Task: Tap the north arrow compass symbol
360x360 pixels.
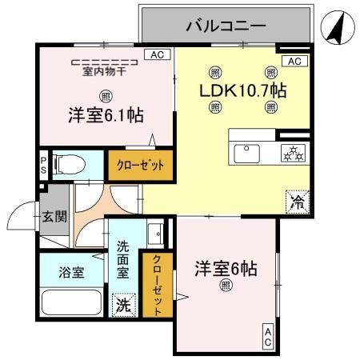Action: point(338,29)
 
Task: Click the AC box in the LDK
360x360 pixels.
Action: point(294,62)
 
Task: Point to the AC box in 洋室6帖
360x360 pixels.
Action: point(267,337)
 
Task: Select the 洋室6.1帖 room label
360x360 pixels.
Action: point(105,115)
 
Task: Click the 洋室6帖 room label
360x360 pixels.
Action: point(225,269)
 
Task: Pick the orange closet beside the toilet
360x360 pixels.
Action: point(141,166)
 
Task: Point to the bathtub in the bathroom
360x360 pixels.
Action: point(71,302)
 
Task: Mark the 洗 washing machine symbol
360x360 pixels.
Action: point(124,305)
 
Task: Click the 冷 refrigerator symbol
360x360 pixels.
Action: point(295,202)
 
